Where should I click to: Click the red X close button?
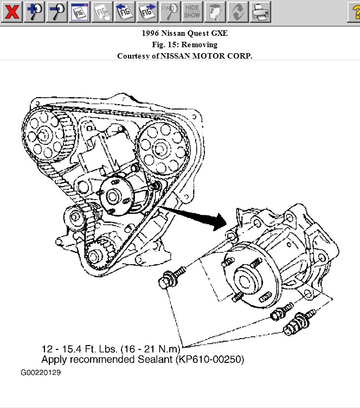tap(11, 11)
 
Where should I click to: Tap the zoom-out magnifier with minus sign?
tap(56, 11)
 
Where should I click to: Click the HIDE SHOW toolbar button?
tap(192, 11)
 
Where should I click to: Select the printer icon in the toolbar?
tap(260, 11)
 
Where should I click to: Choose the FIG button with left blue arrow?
tap(125, 11)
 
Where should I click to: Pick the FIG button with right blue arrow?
tap(147, 11)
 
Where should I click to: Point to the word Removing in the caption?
tap(199, 44)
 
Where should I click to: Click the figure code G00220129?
tap(41, 373)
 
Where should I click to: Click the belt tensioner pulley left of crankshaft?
tap(75, 219)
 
